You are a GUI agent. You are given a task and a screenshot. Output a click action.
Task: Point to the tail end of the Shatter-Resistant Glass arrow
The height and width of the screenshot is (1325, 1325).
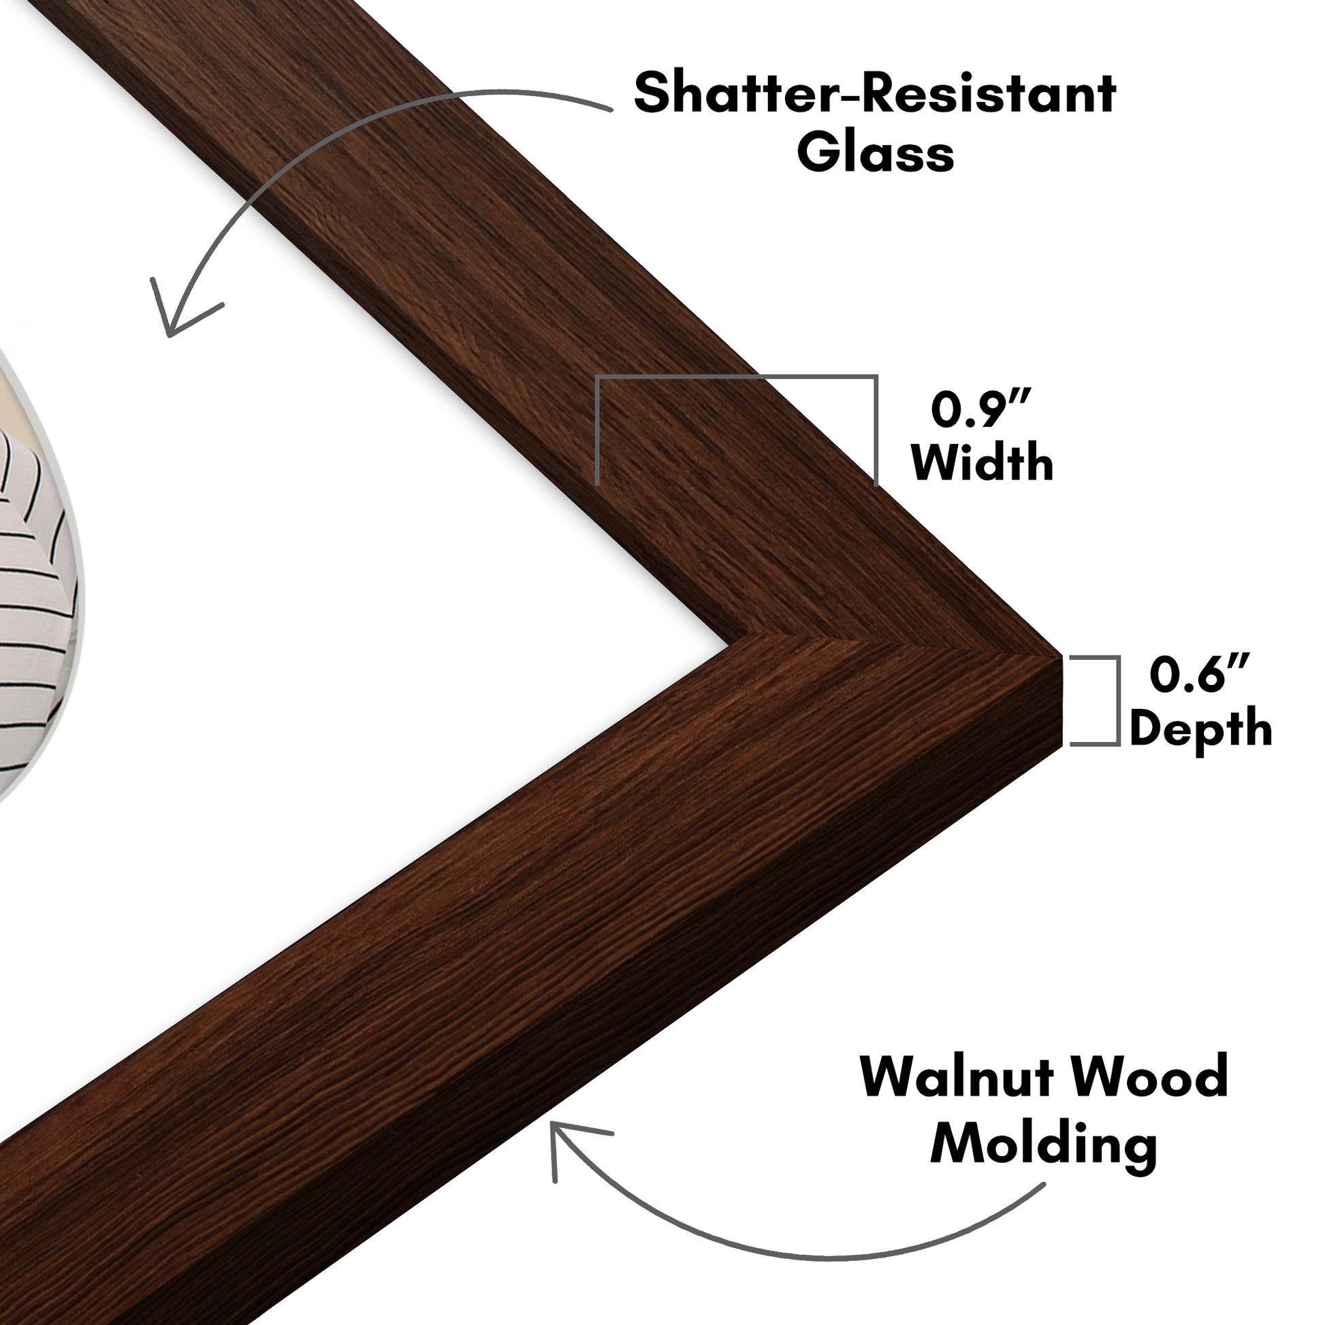tap(610, 109)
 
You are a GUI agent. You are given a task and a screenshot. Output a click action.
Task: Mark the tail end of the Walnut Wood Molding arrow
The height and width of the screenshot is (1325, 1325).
tap(1044, 1185)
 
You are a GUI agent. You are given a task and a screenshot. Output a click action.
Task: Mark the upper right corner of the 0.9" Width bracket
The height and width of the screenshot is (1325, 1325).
tap(876, 377)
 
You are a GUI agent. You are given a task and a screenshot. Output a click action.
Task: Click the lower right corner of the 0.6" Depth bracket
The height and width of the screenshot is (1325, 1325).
tap(1119, 744)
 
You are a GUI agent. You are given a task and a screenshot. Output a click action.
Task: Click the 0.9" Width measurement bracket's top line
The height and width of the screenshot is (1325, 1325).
tap(737, 377)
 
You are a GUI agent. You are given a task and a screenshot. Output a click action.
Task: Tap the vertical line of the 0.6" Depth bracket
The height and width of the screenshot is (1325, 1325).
tap(1118, 700)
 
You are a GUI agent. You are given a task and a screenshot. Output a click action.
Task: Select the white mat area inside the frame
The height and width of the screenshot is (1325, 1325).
tap(343, 549)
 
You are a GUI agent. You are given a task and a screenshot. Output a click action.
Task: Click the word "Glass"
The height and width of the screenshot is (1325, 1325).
tap(875, 153)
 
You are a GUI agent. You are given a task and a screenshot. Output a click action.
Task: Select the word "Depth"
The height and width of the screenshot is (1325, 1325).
tap(1200, 730)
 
